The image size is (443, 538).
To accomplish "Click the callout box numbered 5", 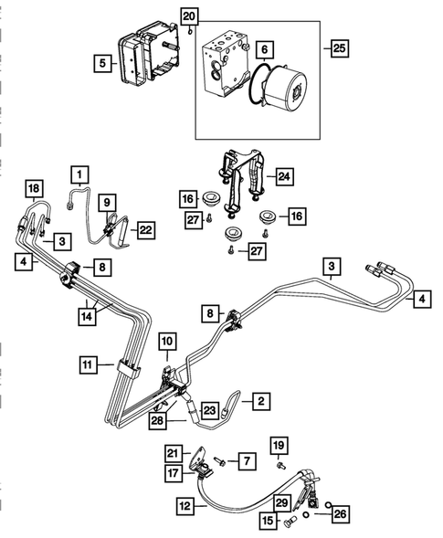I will (102, 63).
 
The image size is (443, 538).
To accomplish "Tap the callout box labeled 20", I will (188, 16).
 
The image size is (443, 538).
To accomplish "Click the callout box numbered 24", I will (284, 175).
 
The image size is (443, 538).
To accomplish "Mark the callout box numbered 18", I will (34, 190).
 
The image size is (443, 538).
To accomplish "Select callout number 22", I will (146, 231).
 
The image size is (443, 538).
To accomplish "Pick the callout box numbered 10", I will (167, 341).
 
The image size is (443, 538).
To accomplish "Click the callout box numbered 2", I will (260, 399).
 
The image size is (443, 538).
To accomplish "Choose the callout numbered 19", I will (282, 444).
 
